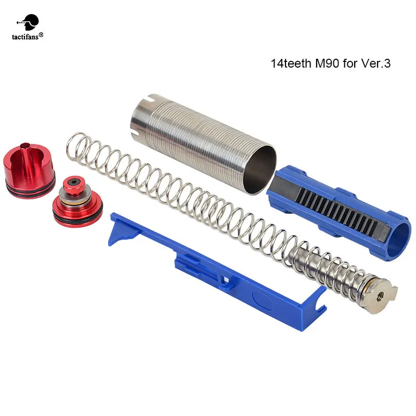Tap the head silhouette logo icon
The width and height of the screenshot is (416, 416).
tap(29, 20)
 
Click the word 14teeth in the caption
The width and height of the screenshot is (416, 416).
tap(289, 64)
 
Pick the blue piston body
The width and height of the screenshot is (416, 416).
tap(338, 208)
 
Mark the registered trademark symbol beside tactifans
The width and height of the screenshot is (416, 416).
tap(42, 35)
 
